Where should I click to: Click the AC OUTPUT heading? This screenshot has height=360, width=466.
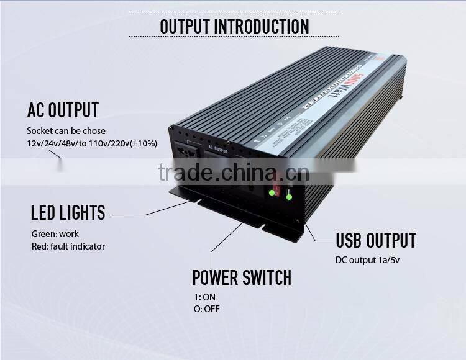pyautogui.click(x=63, y=110)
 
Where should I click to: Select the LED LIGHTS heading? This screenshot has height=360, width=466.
pyautogui.click(x=68, y=213)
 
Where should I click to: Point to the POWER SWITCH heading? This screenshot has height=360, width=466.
pyautogui.click(x=242, y=277)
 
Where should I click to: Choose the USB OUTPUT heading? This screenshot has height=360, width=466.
pyautogui.click(x=376, y=241)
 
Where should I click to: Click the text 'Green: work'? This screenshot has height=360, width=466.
pyautogui.click(x=55, y=234)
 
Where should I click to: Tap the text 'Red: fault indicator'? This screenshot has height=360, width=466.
pyautogui.click(x=68, y=246)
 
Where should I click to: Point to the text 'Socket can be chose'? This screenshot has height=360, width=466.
pyautogui.click(x=66, y=131)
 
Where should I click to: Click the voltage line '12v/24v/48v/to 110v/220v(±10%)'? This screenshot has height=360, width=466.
pyautogui.click(x=92, y=143)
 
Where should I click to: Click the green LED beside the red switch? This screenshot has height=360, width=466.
pyautogui.click(x=272, y=192)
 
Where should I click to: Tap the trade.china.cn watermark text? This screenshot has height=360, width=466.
pyautogui.click(x=232, y=171)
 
